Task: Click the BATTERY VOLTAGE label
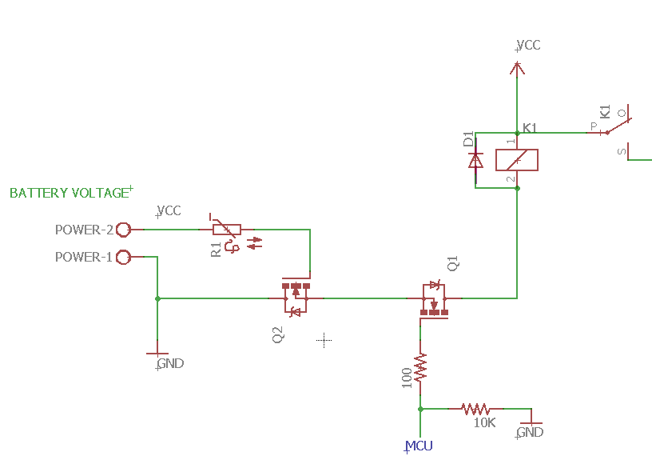pos(69,193)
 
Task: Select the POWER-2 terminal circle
pos(124,230)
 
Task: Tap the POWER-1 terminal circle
pos(124,258)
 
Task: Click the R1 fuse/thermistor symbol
pos(227,230)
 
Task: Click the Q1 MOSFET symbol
pos(434,298)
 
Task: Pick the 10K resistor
pos(474,408)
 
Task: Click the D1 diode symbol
pos(475,160)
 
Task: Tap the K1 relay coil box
pos(517,160)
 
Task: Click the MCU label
pos(419,446)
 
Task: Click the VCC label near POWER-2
pos(169,211)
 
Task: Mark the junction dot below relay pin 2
pos(518,188)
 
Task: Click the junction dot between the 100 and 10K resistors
pos(420,408)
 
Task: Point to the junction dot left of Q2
pos(157,298)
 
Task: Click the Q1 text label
pos(453,263)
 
